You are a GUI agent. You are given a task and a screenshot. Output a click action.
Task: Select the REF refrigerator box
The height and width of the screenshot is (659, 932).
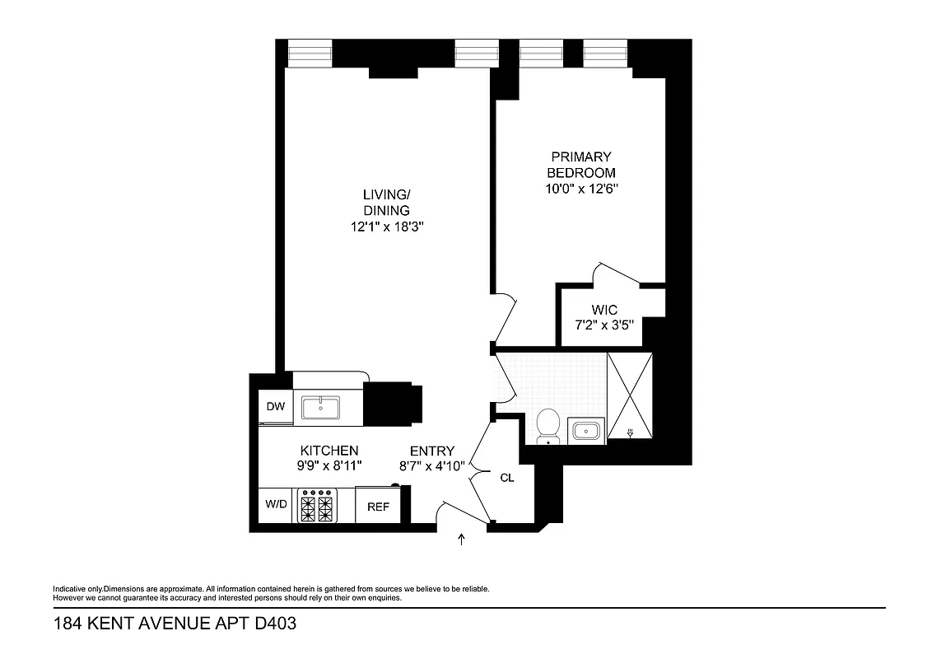pyautogui.click(x=378, y=506)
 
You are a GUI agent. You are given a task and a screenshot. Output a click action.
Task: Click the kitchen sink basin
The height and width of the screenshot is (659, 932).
pyautogui.click(x=320, y=407)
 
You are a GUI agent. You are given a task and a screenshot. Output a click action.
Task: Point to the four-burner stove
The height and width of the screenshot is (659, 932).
pyautogui.click(x=318, y=506)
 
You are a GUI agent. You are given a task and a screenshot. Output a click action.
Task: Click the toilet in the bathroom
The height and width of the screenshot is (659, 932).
pyautogui.click(x=548, y=427)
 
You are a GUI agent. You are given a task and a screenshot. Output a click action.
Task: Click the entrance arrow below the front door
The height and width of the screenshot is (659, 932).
pyautogui.click(x=461, y=540)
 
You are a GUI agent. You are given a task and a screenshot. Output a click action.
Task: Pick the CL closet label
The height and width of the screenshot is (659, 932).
pyautogui.click(x=507, y=478)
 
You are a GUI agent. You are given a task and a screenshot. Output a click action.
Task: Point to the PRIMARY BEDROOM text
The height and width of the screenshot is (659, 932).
pyautogui.click(x=582, y=165)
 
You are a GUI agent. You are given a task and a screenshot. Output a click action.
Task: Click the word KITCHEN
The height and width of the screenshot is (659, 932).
pyautogui.click(x=329, y=451)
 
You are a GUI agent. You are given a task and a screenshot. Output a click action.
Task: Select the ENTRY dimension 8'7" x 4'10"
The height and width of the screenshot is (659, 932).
pyautogui.click(x=432, y=465)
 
